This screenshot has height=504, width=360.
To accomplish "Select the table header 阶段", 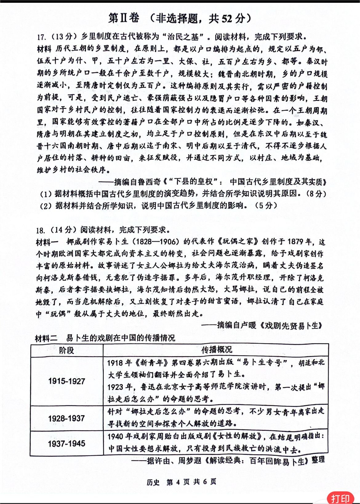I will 66,350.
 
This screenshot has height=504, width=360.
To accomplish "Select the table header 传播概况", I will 216,350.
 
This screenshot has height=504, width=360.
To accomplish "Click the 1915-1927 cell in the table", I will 66,381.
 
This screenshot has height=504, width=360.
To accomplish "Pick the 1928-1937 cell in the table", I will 66,418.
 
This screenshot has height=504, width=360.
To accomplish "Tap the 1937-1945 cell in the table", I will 66,444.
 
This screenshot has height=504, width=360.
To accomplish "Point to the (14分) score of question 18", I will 62,230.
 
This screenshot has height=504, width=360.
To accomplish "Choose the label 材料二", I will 46,338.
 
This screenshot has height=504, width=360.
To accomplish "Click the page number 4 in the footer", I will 178,482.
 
